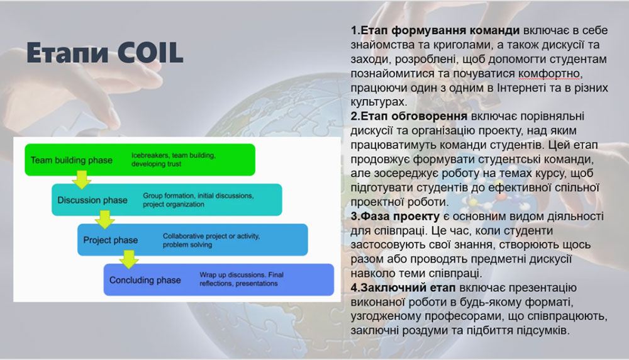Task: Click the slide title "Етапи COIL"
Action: (x=104, y=53)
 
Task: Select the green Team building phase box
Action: (x=140, y=160)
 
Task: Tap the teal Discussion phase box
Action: (x=167, y=200)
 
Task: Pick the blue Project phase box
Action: (x=192, y=240)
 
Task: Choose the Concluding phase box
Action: (x=219, y=279)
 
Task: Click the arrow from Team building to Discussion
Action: (x=82, y=179)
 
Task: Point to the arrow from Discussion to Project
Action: (x=105, y=220)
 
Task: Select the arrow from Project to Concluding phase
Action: (x=129, y=260)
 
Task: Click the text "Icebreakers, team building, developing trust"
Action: (x=174, y=159)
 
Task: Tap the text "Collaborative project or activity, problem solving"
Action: (x=211, y=240)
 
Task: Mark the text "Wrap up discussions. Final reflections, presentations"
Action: (x=242, y=279)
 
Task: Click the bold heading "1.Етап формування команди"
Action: (x=435, y=30)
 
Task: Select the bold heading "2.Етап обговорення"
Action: (x=409, y=116)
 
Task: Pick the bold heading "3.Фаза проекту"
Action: (x=395, y=216)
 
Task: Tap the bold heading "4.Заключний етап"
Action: (x=403, y=288)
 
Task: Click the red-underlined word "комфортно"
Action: (x=549, y=74)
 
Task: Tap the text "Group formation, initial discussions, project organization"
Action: (x=198, y=200)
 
